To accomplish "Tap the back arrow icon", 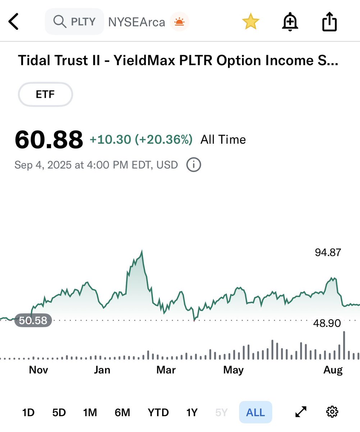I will click(13, 22).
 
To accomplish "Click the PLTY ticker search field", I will click(75, 22).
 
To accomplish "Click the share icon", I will click(329, 22).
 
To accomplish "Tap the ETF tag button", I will click(45, 95).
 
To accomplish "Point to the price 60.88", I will click(49, 140).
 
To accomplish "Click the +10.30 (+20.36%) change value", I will click(141, 139).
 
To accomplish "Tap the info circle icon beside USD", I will click(193, 165).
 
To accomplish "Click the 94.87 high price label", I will click(328, 252).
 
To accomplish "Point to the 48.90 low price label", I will click(327, 323).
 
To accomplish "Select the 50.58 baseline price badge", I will click(33, 320).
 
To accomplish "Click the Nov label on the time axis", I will click(38, 370).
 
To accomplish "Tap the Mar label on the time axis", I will click(166, 370).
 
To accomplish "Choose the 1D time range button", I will click(28, 412).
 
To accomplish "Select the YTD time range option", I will click(158, 412).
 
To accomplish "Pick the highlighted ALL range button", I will click(255, 412).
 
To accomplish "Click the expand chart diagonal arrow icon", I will click(301, 412).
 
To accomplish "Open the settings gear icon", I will click(332, 411).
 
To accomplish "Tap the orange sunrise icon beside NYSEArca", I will click(179, 22).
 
